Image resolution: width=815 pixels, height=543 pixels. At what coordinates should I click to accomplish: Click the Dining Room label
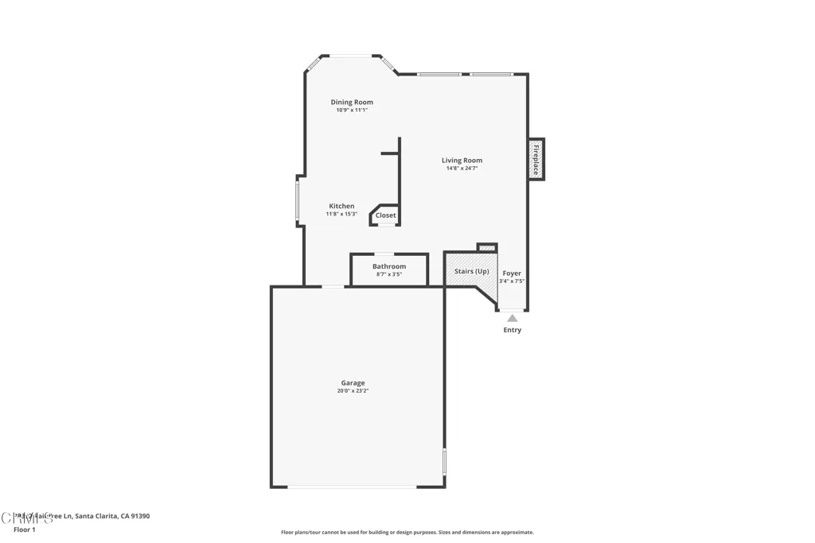(x=352, y=102)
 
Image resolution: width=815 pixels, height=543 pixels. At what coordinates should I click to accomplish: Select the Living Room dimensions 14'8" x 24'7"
(x=462, y=169)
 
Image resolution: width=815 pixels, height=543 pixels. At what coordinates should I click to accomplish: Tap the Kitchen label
(x=341, y=206)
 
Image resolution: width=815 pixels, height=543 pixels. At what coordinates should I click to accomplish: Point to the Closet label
(x=385, y=215)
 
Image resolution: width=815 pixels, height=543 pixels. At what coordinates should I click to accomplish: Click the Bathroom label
(x=389, y=266)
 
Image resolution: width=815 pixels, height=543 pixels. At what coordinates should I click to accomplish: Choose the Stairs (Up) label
(x=471, y=271)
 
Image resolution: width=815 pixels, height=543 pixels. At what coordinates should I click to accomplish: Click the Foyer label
(x=512, y=273)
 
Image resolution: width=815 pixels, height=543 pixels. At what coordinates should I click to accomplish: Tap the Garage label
(x=353, y=382)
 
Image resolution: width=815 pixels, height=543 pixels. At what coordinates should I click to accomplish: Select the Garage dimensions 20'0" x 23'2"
(x=353, y=391)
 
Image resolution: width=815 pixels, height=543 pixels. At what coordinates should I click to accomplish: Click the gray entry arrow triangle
(x=512, y=318)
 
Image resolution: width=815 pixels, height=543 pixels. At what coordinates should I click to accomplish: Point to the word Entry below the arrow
(x=512, y=330)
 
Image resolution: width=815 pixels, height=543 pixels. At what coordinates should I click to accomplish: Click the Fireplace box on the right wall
(x=536, y=159)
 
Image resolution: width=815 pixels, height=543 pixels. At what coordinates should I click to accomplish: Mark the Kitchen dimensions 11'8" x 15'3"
(x=341, y=214)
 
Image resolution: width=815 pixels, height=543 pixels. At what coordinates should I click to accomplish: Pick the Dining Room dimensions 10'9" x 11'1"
(x=352, y=111)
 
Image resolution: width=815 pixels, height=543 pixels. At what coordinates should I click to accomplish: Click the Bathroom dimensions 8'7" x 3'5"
(x=389, y=274)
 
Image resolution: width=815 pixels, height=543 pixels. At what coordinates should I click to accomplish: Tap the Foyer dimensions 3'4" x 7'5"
(x=512, y=281)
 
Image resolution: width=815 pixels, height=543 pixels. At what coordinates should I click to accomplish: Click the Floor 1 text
(x=25, y=529)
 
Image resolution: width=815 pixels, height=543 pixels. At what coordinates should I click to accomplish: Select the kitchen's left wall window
(x=298, y=200)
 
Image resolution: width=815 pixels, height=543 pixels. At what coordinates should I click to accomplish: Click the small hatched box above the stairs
(x=486, y=248)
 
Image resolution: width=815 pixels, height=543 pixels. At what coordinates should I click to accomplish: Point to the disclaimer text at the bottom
(x=407, y=533)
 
